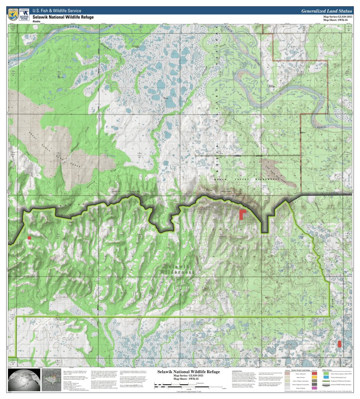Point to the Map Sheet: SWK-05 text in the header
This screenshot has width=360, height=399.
click(335, 20)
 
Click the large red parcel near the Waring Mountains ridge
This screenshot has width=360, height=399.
click(243, 214)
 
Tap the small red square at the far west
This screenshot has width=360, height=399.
click(29, 238)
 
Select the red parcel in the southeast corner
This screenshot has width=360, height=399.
click(339, 344)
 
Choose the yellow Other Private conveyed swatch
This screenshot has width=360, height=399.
click(315, 377)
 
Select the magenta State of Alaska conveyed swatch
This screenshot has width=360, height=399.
click(315, 388)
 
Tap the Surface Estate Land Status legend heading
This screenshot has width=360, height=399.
click(302, 370)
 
